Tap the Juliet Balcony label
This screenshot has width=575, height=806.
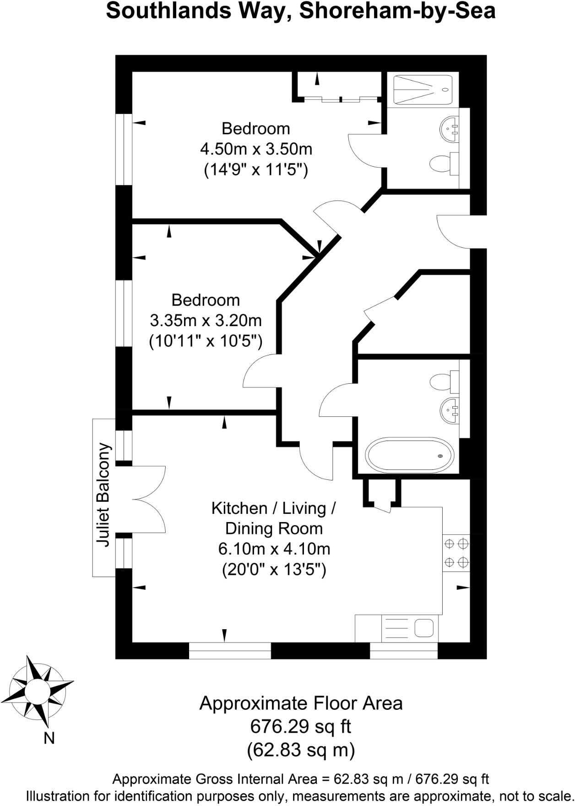104,495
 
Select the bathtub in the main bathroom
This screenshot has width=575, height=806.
409,456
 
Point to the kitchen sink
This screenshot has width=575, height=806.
410,628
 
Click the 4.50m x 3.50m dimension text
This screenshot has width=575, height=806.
256,149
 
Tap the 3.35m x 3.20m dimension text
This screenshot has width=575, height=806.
206,321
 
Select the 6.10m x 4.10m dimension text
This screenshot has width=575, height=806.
274,549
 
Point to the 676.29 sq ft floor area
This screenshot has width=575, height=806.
301,726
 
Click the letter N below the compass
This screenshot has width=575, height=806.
49,739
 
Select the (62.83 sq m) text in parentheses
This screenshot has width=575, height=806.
301,750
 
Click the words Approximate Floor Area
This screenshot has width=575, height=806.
301,703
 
